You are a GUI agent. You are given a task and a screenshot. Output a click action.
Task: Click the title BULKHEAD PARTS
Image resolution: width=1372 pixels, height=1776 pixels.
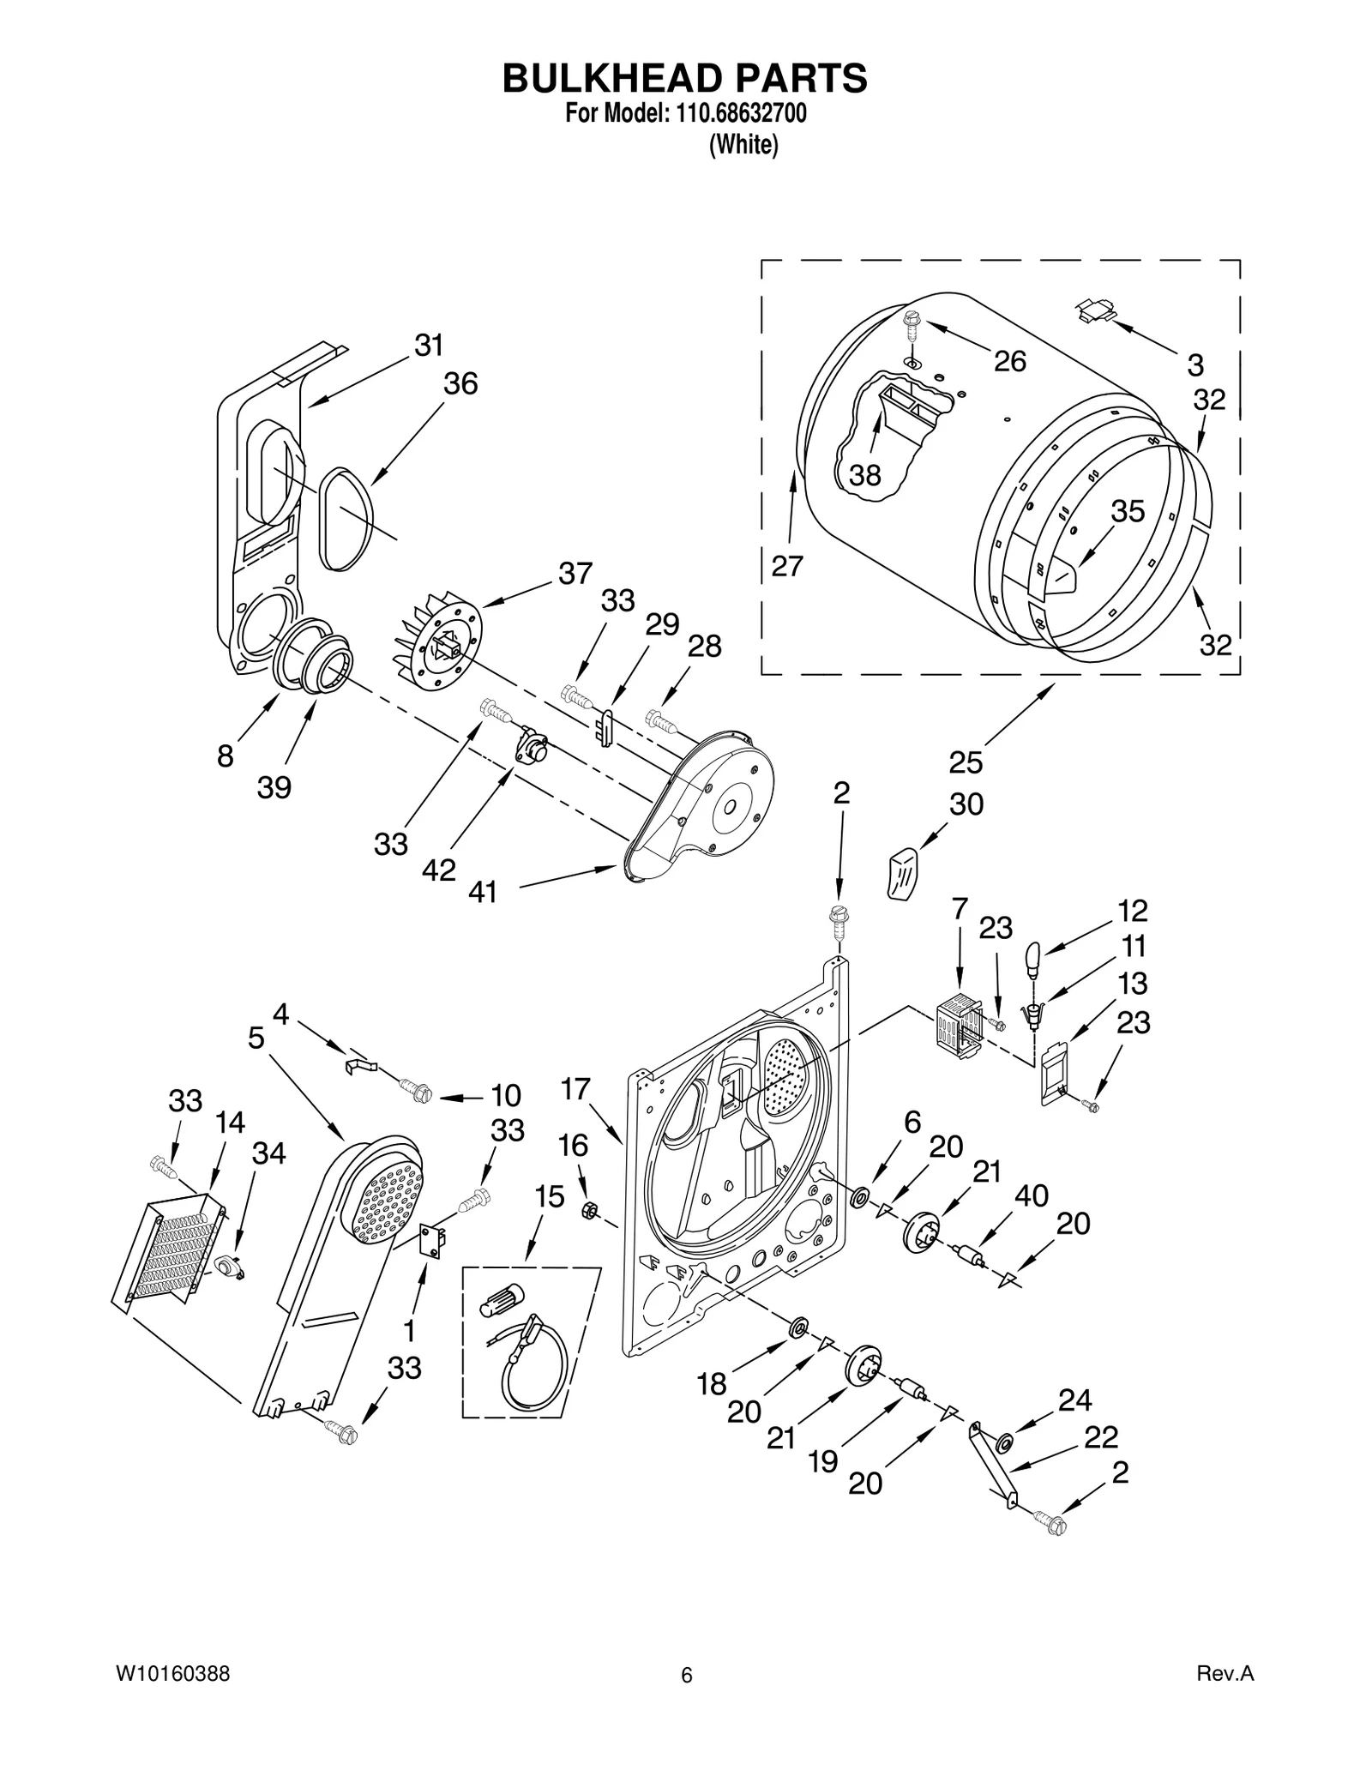[x=684, y=78]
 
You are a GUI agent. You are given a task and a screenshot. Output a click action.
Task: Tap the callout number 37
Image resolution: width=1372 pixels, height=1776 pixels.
[x=575, y=573]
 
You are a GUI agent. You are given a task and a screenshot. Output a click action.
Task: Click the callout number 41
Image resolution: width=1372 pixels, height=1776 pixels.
[x=483, y=893]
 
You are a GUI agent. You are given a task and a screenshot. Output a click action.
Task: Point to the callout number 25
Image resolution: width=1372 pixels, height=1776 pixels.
[x=966, y=762]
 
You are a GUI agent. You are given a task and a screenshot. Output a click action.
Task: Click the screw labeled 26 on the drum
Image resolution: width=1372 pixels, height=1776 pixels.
[x=911, y=327]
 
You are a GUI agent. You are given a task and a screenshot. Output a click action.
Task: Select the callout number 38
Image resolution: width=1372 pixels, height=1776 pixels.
[x=864, y=474]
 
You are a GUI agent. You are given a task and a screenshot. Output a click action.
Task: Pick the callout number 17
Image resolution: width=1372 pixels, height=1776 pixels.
[x=575, y=1089]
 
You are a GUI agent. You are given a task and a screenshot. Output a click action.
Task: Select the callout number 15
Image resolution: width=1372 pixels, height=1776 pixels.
[x=550, y=1196]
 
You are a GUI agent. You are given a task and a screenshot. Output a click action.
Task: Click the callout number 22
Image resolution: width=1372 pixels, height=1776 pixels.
[x=1101, y=1436]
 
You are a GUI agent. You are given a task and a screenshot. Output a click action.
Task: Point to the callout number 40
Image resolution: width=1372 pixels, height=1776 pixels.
[x=1032, y=1195]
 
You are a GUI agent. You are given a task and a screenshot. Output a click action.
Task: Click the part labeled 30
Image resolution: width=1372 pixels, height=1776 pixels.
[x=901, y=872]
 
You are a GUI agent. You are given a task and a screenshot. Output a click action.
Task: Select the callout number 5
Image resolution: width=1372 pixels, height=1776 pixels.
[x=256, y=1039]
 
